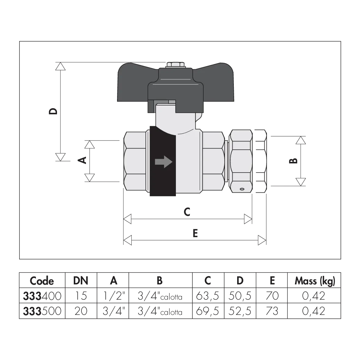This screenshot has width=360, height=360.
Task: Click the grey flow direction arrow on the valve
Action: pyautogui.click(x=163, y=162)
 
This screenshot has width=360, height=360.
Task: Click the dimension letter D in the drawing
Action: pyautogui.click(x=53, y=111)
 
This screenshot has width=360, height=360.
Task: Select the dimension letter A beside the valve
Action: pyautogui.click(x=82, y=160)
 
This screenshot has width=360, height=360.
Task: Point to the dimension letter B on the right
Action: pyautogui.click(x=293, y=161)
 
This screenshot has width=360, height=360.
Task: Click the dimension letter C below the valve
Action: pyautogui.click(x=187, y=212)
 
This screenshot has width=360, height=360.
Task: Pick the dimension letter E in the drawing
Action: pyautogui.click(x=195, y=233)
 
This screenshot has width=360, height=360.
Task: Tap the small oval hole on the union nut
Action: pyautogui.click(x=242, y=189)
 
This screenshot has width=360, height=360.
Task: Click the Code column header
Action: pyautogui.click(x=42, y=281)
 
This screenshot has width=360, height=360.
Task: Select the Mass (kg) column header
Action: pyautogui.click(x=315, y=281)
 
